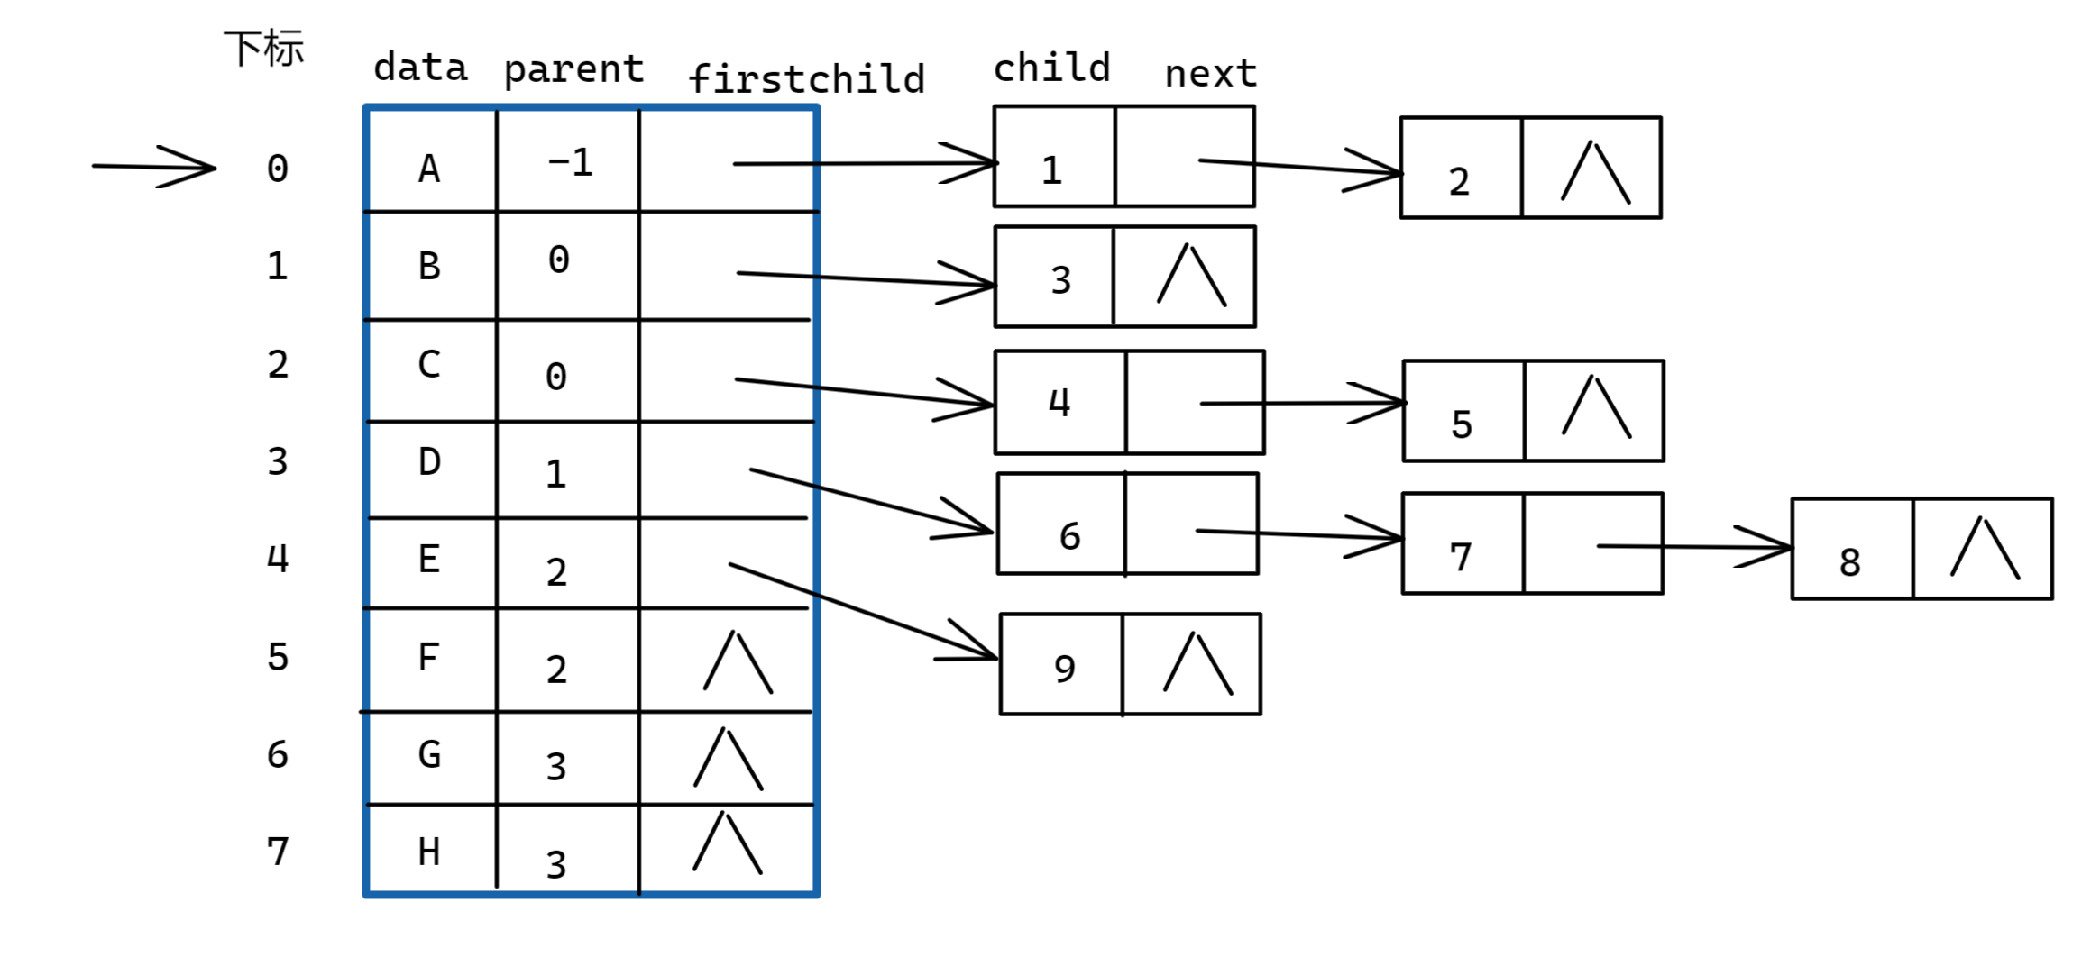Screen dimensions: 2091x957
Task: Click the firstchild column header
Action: click(806, 78)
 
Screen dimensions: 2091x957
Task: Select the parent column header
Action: click(573, 69)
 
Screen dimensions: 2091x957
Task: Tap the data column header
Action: click(420, 67)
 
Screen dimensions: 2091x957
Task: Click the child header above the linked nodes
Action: click(1051, 68)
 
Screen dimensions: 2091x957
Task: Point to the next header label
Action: click(1210, 74)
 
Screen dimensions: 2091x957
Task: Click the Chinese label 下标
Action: click(264, 48)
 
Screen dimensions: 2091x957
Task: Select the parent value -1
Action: click(570, 162)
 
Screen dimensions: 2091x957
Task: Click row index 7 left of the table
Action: click(278, 852)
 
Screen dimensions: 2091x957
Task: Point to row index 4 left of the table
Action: click(278, 559)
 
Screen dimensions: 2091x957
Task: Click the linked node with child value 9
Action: click(1131, 664)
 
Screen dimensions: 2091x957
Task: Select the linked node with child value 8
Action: click(1922, 549)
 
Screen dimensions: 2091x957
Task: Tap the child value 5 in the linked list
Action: click(1462, 424)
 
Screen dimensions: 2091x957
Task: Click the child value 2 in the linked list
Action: click(1459, 182)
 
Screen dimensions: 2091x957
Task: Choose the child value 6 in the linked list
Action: click(1069, 536)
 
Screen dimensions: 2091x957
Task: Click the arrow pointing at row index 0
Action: click(154, 167)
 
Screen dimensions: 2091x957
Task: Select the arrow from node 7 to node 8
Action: click(1695, 547)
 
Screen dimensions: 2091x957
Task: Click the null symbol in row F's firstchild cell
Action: click(738, 662)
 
